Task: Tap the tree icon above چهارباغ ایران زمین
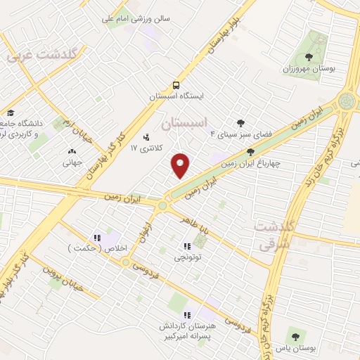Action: [x=250, y=150]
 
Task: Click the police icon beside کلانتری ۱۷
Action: [x=146, y=137]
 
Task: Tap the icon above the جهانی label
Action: [x=72, y=151]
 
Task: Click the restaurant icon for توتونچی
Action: [x=187, y=246]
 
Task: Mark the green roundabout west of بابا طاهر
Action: [x=163, y=205]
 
